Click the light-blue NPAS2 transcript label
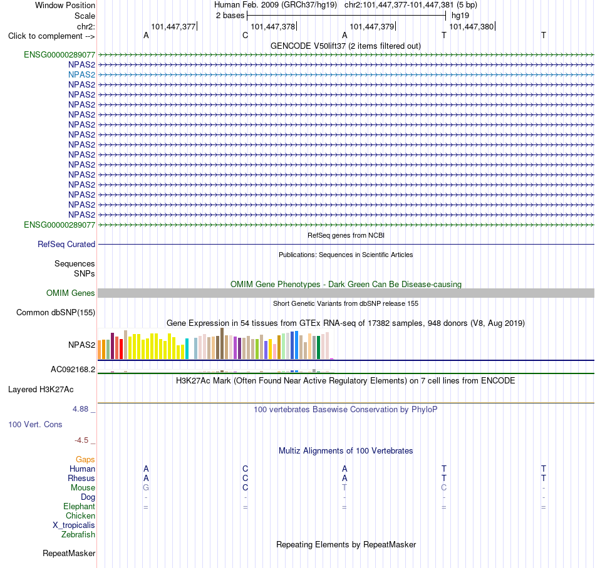point(81,74)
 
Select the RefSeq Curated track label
point(66,245)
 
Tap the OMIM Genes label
point(70,293)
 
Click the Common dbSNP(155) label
point(55,313)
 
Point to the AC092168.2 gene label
point(73,370)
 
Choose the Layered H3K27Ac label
point(41,390)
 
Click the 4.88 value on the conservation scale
point(80,409)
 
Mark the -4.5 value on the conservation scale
point(81,440)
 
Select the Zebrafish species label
point(78,535)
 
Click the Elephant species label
point(79,507)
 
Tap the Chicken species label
point(80,515)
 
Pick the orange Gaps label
point(85,460)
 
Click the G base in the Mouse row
point(146,488)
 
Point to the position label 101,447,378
point(273,26)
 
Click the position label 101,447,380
point(471,26)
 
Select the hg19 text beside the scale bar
point(460,16)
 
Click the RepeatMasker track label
point(69,554)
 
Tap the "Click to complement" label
point(51,36)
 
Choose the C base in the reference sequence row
point(245,35)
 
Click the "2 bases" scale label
point(230,16)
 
